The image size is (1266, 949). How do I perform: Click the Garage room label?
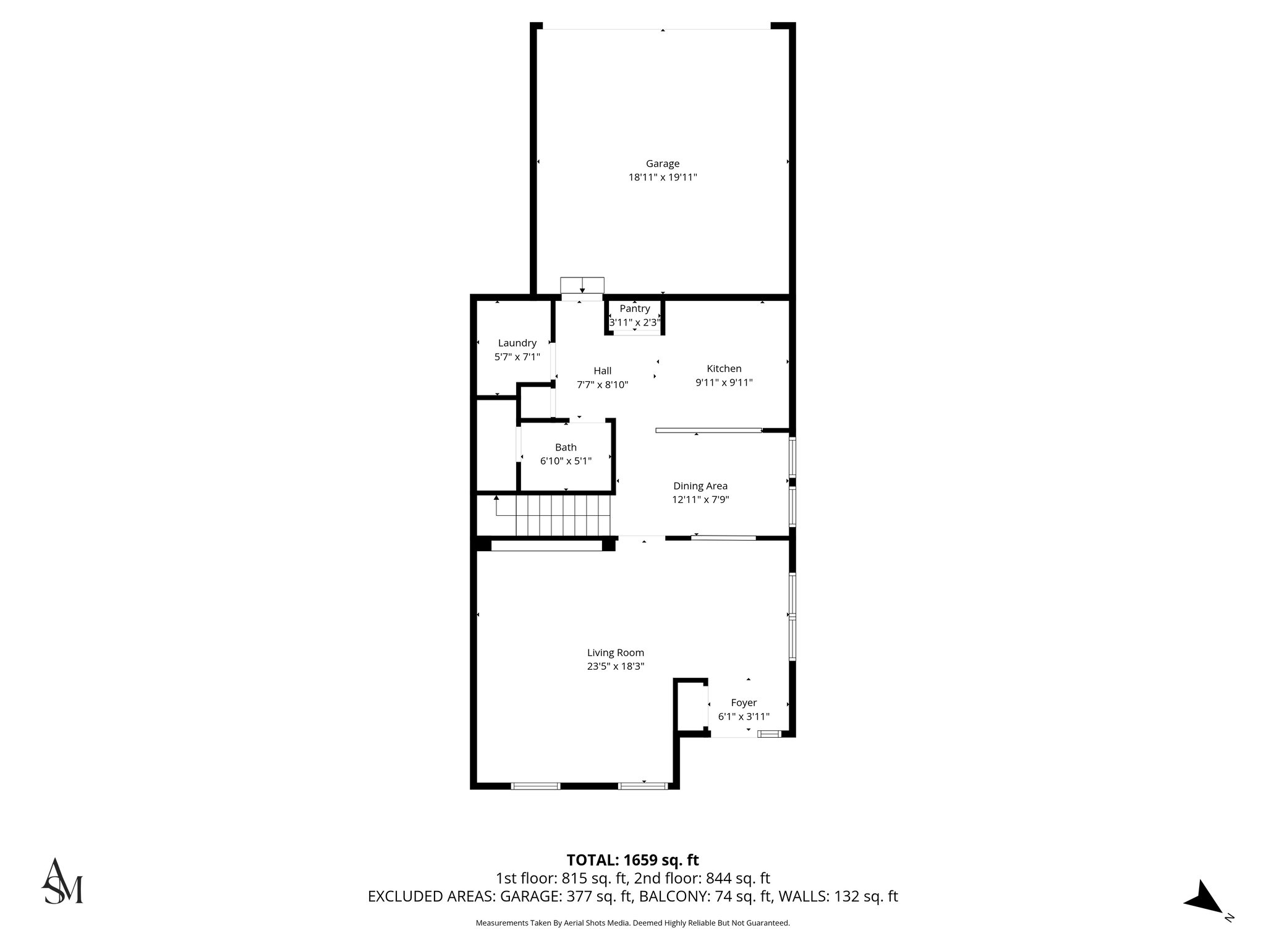(663, 164)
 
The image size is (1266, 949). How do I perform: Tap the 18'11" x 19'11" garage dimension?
(663, 177)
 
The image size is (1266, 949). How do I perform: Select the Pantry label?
(635, 309)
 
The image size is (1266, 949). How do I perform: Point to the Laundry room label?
(517, 343)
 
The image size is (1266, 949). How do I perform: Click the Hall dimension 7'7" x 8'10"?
(602, 384)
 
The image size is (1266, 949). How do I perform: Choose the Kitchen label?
(724, 369)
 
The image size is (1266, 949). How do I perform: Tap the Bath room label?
(566, 447)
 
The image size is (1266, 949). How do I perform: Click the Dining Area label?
(700, 486)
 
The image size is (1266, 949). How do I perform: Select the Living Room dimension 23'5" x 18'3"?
(616, 667)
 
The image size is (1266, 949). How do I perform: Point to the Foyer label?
(744, 702)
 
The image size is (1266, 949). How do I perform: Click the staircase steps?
(563, 517)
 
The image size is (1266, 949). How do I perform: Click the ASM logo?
(62, 882)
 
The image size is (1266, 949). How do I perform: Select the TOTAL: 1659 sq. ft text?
(632, 860)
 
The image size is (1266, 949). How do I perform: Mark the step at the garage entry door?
(582, 285)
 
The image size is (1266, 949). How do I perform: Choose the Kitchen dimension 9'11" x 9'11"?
(724, 382)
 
